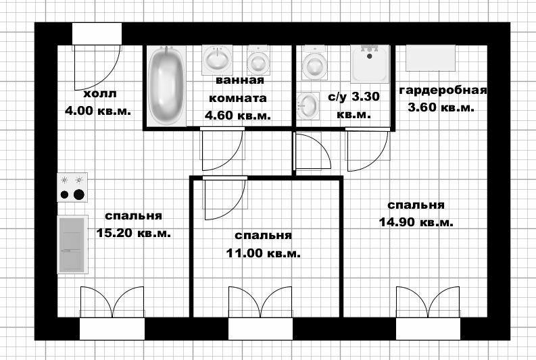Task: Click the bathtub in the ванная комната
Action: click(166, 86)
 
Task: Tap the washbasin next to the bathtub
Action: click(217, 59)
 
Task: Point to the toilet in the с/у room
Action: click(314, 63)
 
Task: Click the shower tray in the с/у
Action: click(370, 64)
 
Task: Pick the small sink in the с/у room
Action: click(308, 106)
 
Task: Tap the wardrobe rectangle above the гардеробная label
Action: click(431, 57)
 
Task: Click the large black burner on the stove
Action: click(79, 195)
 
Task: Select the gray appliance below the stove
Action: click(72, 245)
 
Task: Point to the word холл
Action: click(100, 94)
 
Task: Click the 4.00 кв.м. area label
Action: click(98, 111)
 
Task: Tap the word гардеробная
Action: click(443, 91)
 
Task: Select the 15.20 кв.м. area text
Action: click(133, 233)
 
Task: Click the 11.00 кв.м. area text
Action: click(263, 253)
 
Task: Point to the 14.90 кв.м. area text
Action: click(416, 222)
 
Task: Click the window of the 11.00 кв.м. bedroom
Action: click(260, 328)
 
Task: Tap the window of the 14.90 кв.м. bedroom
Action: click(429, 328)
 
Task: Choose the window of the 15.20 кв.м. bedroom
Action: click(112, 328)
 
